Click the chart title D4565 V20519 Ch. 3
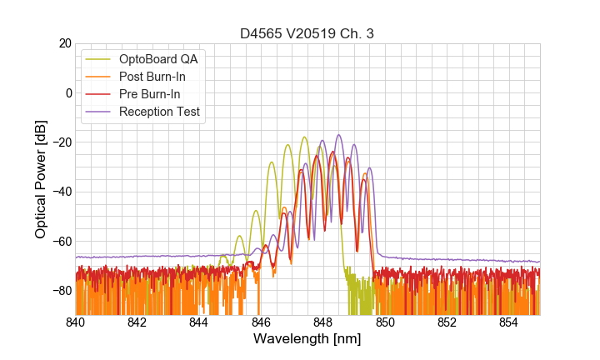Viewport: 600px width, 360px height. (307, 33)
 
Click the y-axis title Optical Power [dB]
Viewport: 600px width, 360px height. (41, 179)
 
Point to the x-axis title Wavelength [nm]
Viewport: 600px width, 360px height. (307, 340)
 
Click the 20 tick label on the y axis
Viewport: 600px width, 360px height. (63, 43)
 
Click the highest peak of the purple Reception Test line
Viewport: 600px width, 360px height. (338, 135)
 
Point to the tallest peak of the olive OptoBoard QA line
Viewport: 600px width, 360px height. (304, 137)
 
